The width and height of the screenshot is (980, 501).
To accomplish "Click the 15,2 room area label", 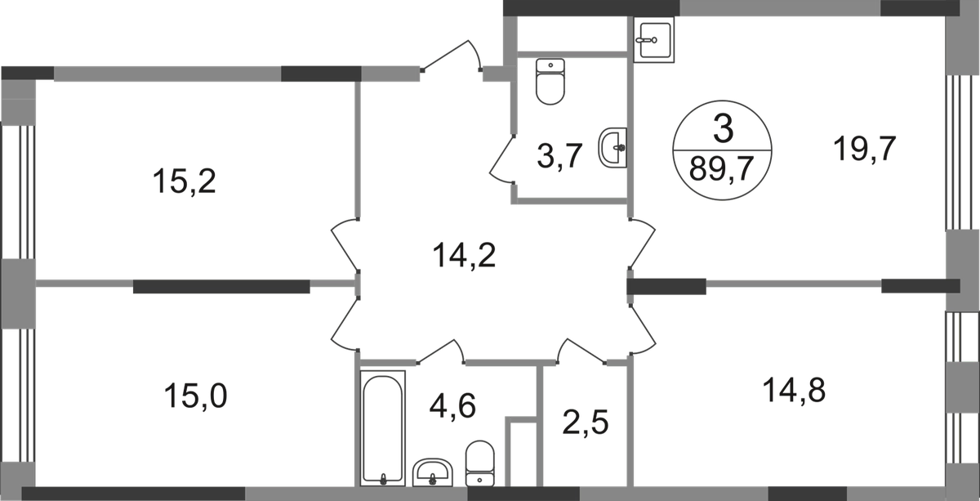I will [x=185, y=181].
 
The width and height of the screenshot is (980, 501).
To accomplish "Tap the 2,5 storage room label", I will [x=587, y=424].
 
